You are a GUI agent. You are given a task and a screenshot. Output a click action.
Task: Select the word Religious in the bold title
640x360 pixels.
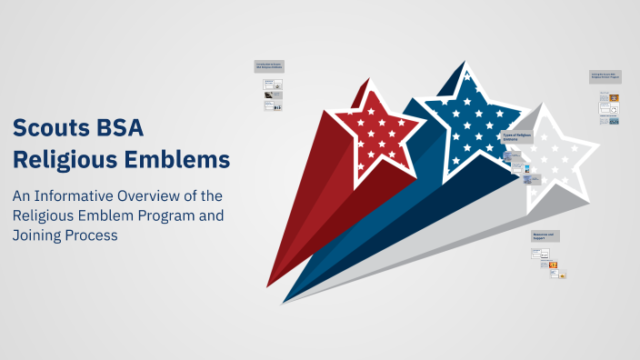[67, 160]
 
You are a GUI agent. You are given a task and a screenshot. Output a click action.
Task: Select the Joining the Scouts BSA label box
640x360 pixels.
[605, 77]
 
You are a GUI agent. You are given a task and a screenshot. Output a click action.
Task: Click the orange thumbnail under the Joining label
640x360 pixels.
[615, 97]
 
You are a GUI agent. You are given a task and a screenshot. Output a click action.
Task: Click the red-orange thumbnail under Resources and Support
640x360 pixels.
[552, 265]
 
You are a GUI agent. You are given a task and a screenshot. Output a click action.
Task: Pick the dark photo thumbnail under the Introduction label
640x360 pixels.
[269, 84]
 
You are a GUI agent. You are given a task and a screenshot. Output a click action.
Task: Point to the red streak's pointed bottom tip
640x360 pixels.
[270, 284]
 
